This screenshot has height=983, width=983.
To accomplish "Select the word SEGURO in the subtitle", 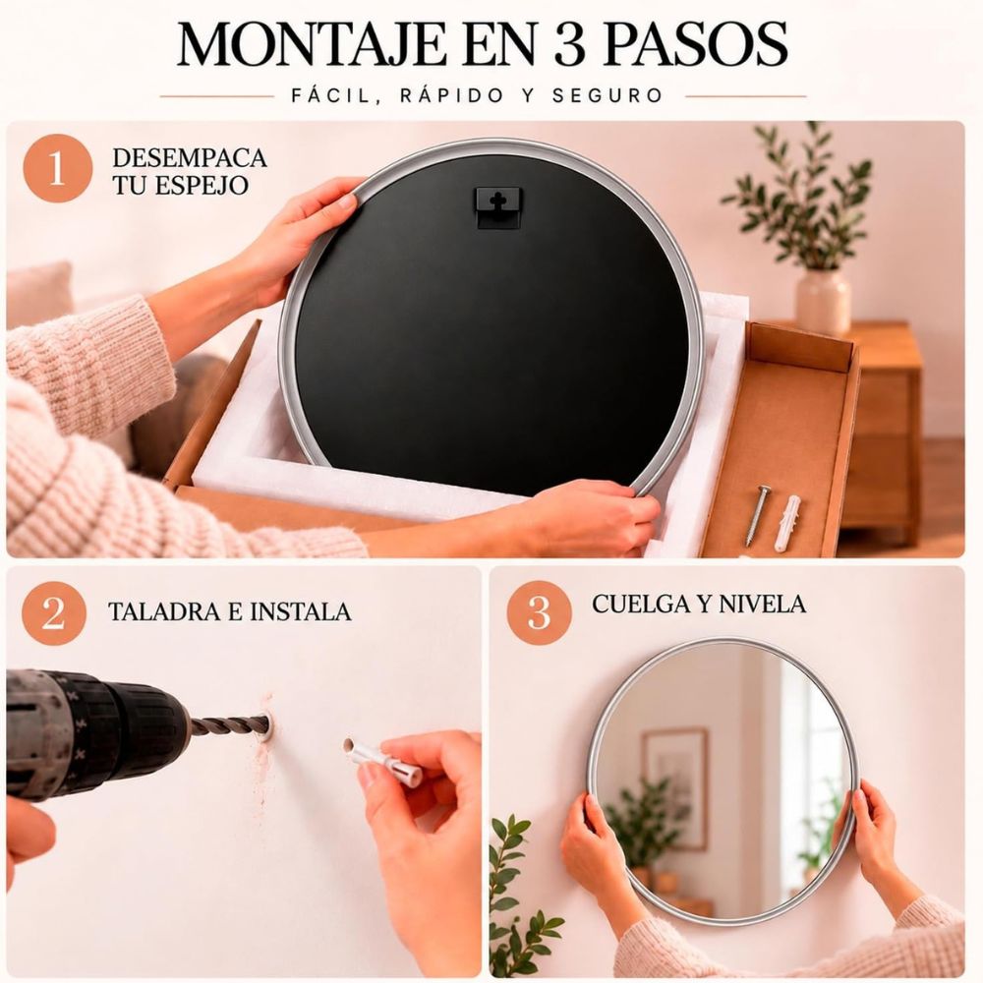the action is (x=607, y=96).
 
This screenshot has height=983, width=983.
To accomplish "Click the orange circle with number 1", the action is (x=58, y=168).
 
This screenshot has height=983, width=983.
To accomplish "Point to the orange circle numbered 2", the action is (x=54, y=612).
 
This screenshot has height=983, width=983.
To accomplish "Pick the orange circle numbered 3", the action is (x=539, y=612).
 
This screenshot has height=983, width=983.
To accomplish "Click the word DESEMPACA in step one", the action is (x=190, y=158).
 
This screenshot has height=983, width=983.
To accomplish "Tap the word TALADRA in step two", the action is (x=163, y=611).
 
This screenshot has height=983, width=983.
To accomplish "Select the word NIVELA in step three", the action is (x=762, y=605).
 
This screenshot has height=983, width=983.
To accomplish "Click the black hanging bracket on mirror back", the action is (x=497, y=206).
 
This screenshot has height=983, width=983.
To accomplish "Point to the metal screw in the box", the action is (x=757, y=515).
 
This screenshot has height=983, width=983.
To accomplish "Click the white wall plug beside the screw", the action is (x=787, y=523).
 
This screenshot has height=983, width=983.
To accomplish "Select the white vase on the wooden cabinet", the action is (x=823, y=302).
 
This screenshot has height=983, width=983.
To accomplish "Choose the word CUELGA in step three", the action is (x=638, y=605).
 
